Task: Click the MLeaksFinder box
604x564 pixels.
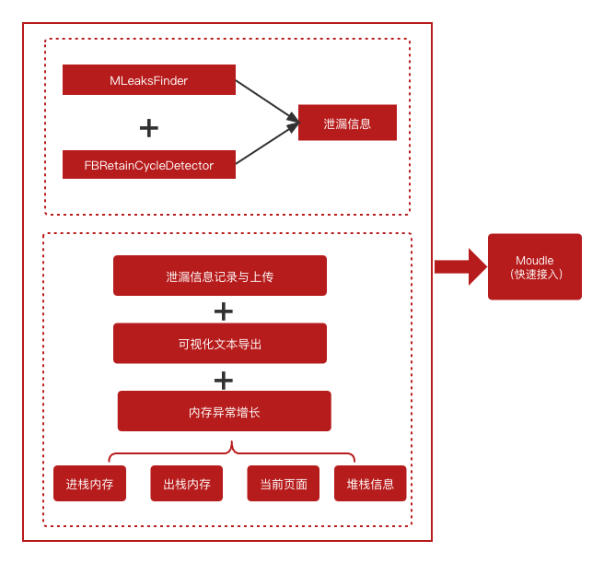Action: tap(148, 80)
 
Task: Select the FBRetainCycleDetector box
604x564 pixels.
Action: tap(148, 165)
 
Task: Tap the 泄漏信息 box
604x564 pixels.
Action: tap(347, 123)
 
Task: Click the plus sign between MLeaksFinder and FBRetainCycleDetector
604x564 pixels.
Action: tap(148, 127)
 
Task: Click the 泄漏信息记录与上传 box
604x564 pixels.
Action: tap(220, 276)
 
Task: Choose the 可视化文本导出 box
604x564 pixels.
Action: tap(220, 344)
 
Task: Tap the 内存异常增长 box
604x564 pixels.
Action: tap(224, 411)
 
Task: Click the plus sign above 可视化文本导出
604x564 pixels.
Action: tap(223, 311)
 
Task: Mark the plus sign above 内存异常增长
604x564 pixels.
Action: tap(223, 380)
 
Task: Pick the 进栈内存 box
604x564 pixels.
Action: tap(89, 484)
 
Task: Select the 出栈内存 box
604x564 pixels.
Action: tap(187, 484)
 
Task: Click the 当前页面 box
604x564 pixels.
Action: tap(284, 484)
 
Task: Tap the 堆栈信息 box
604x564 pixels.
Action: tap(370, 484)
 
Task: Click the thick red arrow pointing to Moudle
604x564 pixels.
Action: tap(461, 267)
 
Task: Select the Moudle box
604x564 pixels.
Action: tap(535, 266)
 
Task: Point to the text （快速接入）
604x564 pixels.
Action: tap(535, 275)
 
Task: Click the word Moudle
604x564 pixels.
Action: tap(535, 260)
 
